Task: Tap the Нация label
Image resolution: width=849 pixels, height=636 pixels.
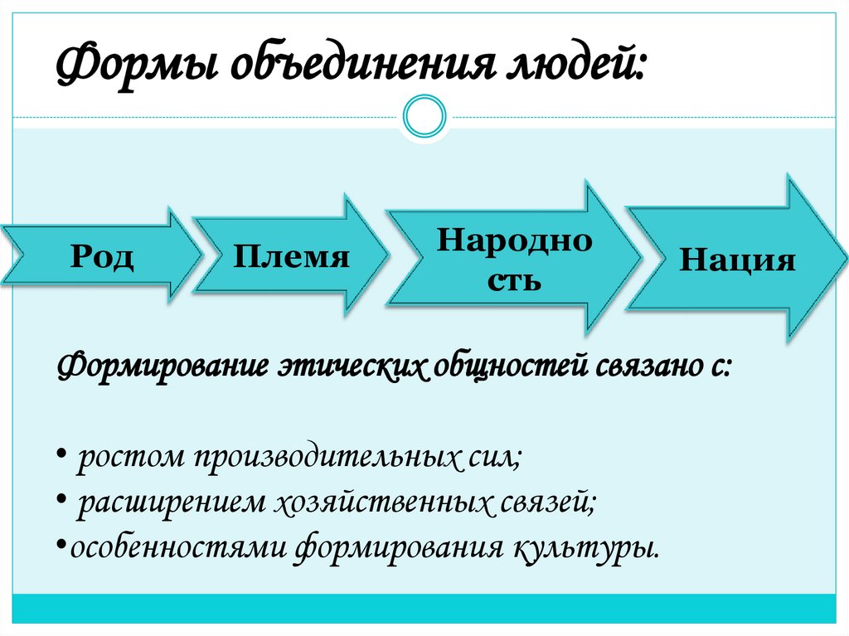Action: pos(737,260)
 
